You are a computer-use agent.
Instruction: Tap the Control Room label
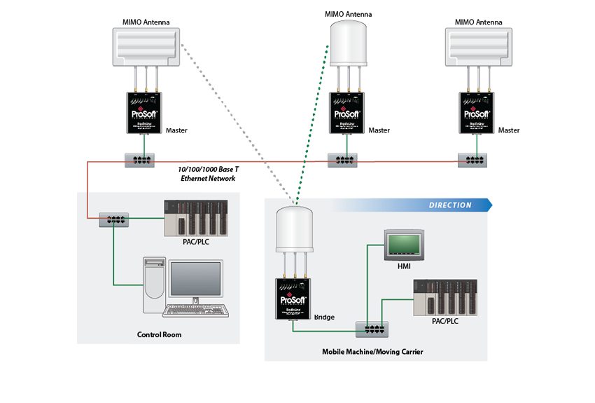(159, 335)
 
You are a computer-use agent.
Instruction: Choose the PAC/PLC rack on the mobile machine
(446, 297)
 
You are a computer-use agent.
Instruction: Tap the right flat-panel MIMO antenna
(479, 46)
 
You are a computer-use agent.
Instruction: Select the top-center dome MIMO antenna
(348, 42)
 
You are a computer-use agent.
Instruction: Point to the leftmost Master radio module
(144, 113)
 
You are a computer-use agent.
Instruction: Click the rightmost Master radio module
(479, 113)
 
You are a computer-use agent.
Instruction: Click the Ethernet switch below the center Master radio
(343, 160)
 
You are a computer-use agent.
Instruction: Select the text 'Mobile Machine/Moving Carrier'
(372, 351)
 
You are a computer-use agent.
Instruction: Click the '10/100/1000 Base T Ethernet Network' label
(207, 175)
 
